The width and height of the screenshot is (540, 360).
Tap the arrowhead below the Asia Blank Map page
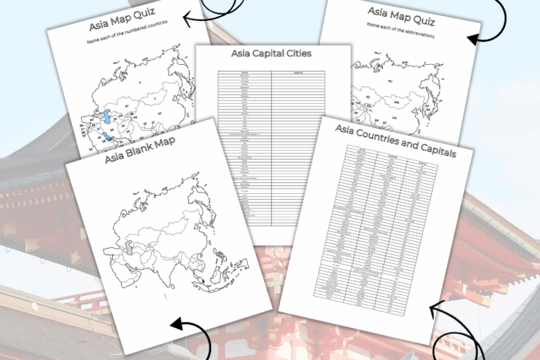pos(175,326)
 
